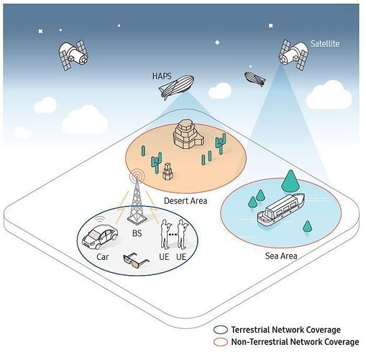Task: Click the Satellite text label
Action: point(325,44)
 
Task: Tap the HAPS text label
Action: point(162,76)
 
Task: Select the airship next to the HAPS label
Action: point(177,86)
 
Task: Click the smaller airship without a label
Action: point(255,78)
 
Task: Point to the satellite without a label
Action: point(73,55)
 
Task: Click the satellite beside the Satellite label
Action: point(293,55)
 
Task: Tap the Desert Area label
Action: point(186,201)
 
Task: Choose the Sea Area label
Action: point(281,256)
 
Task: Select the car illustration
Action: point(100,236)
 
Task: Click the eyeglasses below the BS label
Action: point(136,261)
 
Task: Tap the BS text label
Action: point(137,233)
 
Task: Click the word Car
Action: point(103,257)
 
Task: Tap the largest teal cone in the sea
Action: point(290,181)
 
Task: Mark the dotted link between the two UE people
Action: point(173,233)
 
